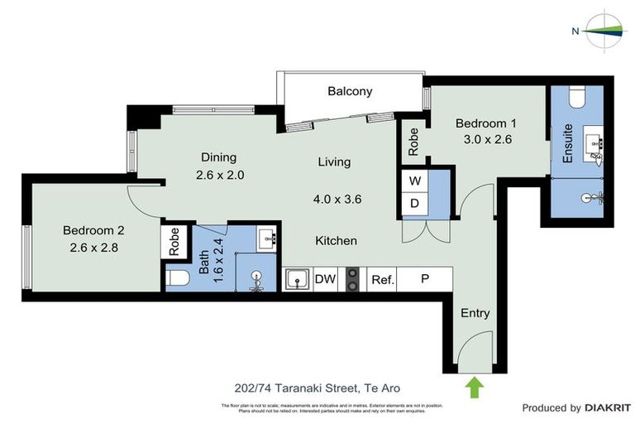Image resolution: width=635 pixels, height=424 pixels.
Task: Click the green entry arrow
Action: tap(475, 385)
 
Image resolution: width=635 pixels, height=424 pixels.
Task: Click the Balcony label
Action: tap(350, 92)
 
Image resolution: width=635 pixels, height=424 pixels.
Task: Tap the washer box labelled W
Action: tap(413, 181)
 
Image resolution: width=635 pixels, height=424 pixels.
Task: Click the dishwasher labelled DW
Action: tap(326, 279)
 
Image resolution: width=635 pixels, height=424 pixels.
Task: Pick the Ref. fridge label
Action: tap(382, 280)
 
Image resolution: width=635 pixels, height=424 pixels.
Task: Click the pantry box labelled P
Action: tap(425, 279)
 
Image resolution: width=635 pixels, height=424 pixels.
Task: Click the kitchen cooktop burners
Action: tap(351, 279)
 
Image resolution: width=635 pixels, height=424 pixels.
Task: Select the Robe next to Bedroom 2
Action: tap(174, 241)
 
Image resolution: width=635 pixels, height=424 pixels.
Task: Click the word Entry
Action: tap(475, 313)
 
